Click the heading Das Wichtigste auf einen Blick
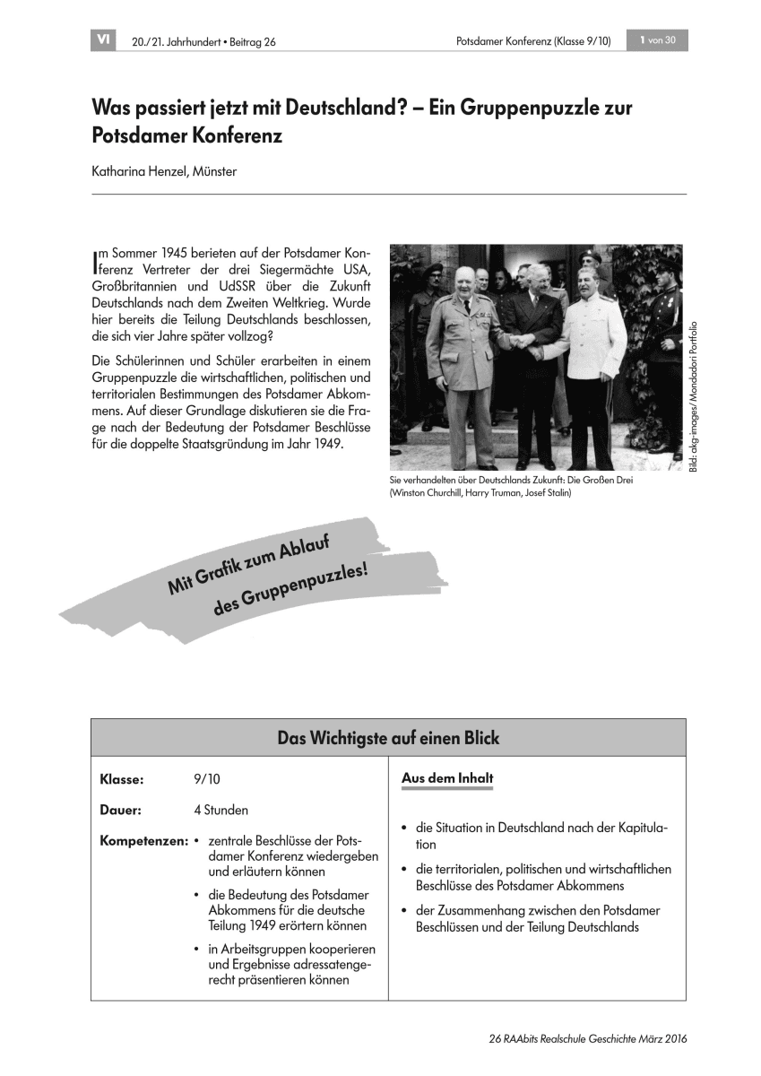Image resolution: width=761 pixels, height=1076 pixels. pyautogui.click(x=388, y=739)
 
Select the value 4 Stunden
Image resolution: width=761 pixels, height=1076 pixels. pyautogui.click(x=221, y=810)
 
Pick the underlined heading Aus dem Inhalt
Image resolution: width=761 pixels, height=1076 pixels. pyautogui.click(x=447, y=778)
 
